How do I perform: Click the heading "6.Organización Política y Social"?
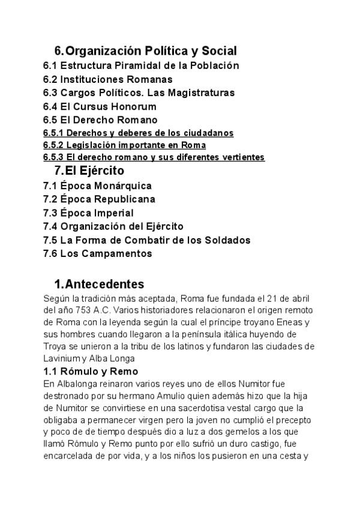(x=145, y=51)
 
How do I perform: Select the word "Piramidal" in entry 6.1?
(x=131, y=65)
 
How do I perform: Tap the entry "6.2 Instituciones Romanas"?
(x=108, y=79)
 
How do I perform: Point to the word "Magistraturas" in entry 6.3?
(x=203, y=93)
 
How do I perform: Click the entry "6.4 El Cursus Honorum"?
(x=100, y=107)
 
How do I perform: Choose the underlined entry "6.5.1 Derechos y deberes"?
(x=138, y=133)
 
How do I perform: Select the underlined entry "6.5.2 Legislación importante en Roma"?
(x=124, y=145)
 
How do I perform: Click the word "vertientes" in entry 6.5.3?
(x=242, y=157)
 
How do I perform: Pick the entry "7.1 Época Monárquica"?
(x=97, y=185)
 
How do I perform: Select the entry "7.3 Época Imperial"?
(x=88, y=213)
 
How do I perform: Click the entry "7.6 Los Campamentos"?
(x=98, y=254)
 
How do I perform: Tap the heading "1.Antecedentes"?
(x=99, y=284)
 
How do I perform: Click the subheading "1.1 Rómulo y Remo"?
(x=91, y=372)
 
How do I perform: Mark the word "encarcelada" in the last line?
(x=67, y=456)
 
